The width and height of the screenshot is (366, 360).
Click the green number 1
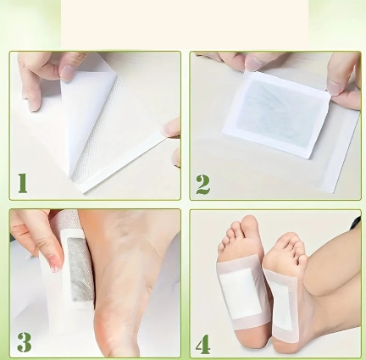coord(23,183)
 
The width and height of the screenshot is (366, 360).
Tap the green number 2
coord(203,185)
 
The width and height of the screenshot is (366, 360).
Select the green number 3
coord(25,342)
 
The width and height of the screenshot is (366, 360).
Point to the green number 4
coord(203,344)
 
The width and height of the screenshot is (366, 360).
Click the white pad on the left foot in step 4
coord(241,294)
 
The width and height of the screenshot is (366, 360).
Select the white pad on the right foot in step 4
coord(280,300)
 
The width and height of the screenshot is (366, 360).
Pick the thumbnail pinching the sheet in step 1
coord(67,73)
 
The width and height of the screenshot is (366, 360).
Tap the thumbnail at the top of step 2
coord(254,64)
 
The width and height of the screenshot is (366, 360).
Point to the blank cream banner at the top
coord(185,25)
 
